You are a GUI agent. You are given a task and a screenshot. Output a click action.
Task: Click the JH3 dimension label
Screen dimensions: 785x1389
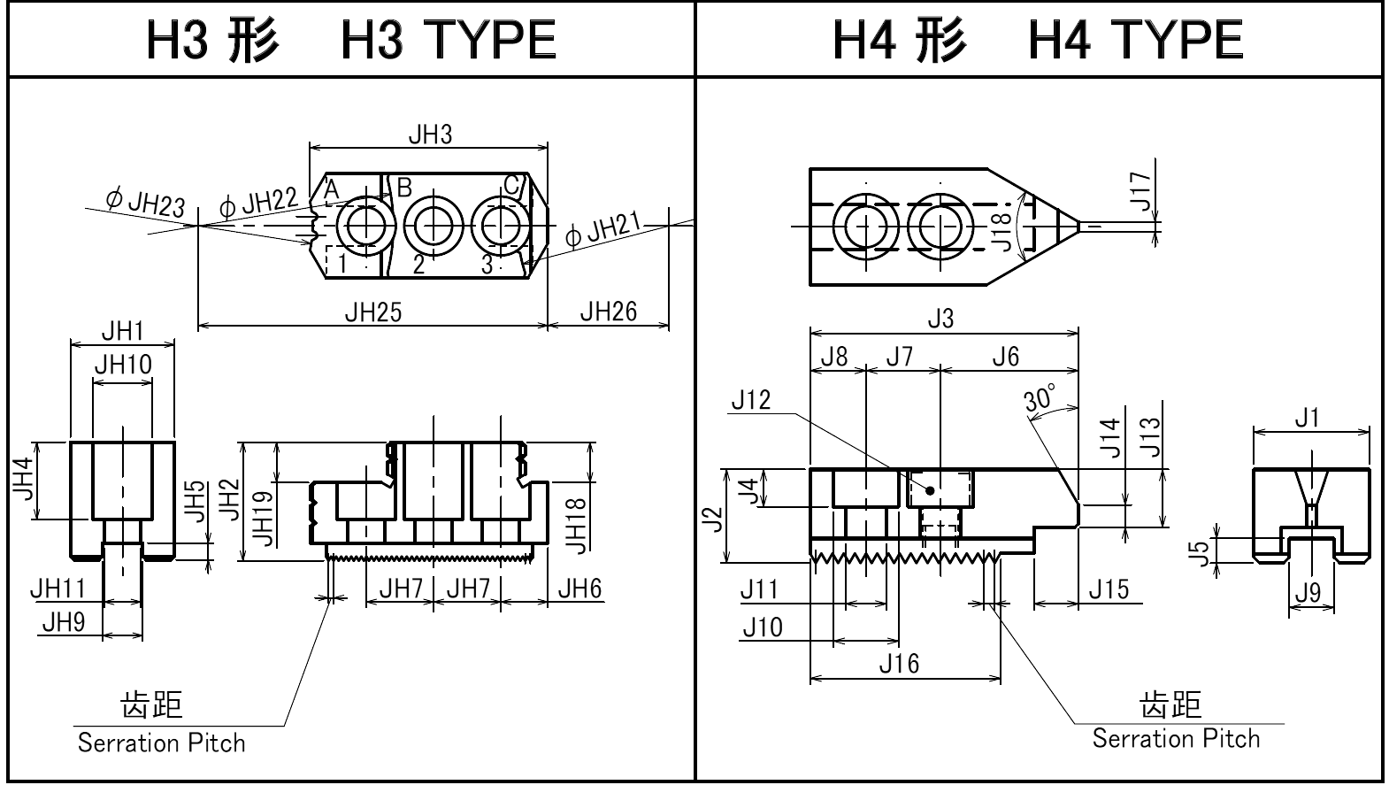tap(430, 135)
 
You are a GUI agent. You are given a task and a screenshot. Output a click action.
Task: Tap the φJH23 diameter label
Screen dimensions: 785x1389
tap(146, 202)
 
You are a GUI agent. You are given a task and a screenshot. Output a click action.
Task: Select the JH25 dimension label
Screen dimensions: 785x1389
tap(372, 312)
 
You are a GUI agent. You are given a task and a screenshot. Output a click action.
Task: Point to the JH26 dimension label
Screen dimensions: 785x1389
tap(608, 312)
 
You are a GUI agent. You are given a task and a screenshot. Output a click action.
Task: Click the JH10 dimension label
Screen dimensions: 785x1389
tap(122, 364)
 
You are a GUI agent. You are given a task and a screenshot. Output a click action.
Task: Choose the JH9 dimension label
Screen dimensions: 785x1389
tap(63, 623)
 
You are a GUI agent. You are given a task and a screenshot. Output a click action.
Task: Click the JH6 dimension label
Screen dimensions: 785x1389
tap(579, 589)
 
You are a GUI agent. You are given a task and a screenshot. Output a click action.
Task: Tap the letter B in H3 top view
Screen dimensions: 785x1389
tap(404, 188)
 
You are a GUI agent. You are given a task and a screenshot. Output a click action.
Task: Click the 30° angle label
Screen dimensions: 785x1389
tap(1040, 398)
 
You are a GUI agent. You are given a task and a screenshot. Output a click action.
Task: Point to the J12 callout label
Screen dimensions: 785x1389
tap(751, 400)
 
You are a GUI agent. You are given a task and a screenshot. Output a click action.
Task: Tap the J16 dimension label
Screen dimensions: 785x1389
tap(899, 663)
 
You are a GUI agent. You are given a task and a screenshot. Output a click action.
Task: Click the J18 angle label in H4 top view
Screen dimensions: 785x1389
tap(1001, 230)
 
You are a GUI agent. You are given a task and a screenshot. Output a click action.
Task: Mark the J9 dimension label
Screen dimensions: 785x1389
tap(1308, 592)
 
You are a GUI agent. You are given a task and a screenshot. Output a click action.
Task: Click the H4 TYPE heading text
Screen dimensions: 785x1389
tap(1135, 40)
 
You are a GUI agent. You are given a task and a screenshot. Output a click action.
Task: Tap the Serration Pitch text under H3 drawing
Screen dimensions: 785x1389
tap(161, 743)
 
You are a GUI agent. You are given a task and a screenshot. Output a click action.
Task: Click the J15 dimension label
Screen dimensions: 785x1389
tap(1109, 589)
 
